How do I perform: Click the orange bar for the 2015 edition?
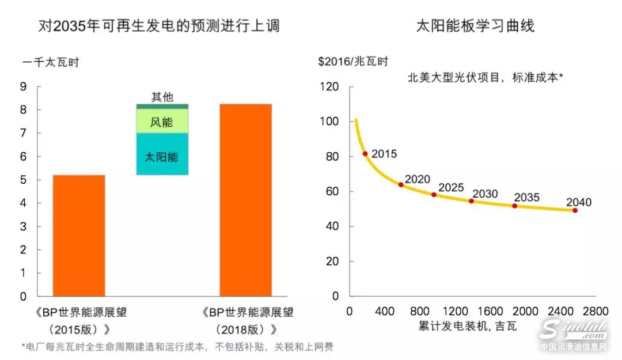79,235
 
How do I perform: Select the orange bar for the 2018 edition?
245,200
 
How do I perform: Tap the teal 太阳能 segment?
162,154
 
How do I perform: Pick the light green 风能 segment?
162,121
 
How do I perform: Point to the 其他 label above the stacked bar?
162,97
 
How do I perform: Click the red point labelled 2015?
365,154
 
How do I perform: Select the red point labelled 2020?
401,184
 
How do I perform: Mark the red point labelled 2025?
434,195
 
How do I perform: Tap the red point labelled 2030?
471,201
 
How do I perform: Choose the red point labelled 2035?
514,206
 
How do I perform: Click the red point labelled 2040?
575,210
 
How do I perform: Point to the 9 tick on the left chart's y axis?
23,87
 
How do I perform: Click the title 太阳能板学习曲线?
475,26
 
